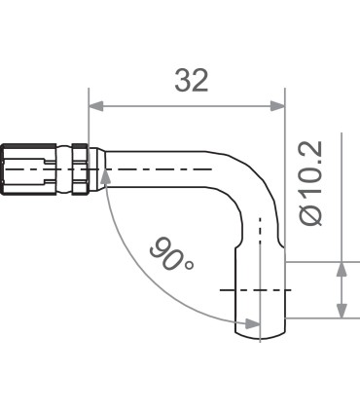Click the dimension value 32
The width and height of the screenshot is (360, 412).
pyautogui.click(x=192, y=80)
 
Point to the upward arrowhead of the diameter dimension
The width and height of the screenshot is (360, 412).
pyautogui.click(x=342, y=269)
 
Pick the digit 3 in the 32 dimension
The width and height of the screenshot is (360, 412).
pyautogui.click(x=182, y=80)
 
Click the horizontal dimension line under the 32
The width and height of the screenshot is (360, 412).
pyautogui.click(x=185, y=108)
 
